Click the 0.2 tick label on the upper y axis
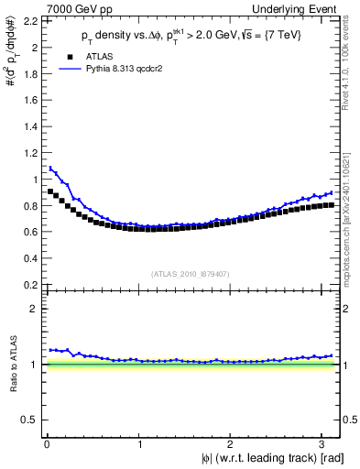click(33, 285)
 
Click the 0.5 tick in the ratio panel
click(33, 420)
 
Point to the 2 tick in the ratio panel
click(38, 309)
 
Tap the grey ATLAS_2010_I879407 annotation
click(191, 273)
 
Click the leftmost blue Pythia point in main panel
click(50, 168)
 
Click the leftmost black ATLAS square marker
click(50, 191)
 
